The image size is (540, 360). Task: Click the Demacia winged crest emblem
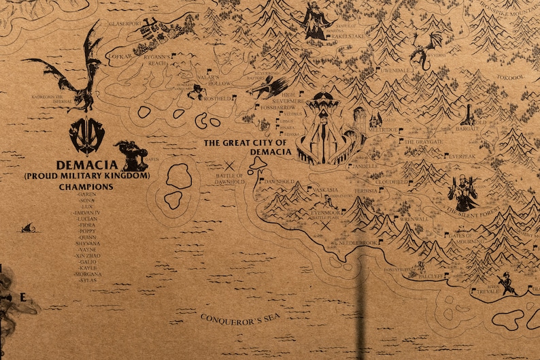pos(86,136)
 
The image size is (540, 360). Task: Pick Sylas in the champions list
pos(88,280)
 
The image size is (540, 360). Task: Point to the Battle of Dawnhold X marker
pos(230,165)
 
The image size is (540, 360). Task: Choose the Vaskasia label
pos(325,190)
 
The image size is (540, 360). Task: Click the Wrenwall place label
pos(415,219)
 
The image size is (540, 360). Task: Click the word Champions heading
pos(86,186)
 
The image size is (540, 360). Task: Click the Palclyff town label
pos(431,277)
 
